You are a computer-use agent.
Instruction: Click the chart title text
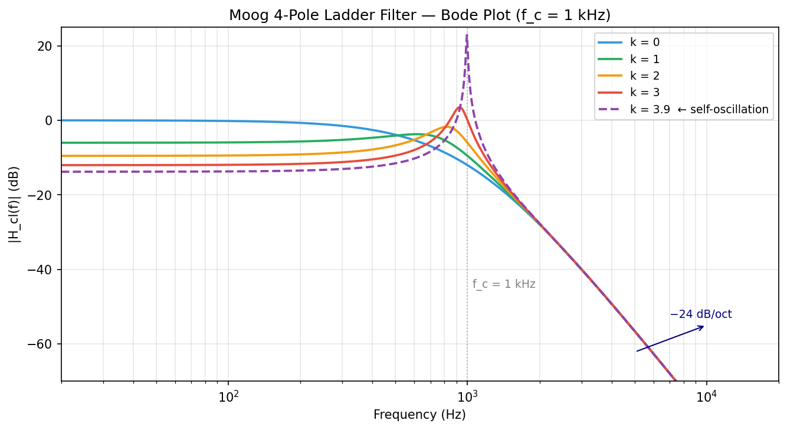click(x=419, y=15)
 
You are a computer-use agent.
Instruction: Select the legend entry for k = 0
click(x=644, y=42)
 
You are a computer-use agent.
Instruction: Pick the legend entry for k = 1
click(x=644, y=59)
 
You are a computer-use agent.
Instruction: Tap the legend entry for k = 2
click(x=644, y=76)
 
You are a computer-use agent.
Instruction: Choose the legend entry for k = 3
click(x=644, y=92)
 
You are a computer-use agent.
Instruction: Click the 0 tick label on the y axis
click(x=50, y=120)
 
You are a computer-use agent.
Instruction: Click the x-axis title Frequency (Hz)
click(x=419, y=415)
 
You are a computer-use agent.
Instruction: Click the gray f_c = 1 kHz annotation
click(x=504, y=284)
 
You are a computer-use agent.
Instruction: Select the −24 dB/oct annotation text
click(x=700, y=314)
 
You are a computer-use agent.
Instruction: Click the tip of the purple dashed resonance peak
click(x=467, y=35)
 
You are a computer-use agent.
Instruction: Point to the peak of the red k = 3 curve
click(x=459, y=107)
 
